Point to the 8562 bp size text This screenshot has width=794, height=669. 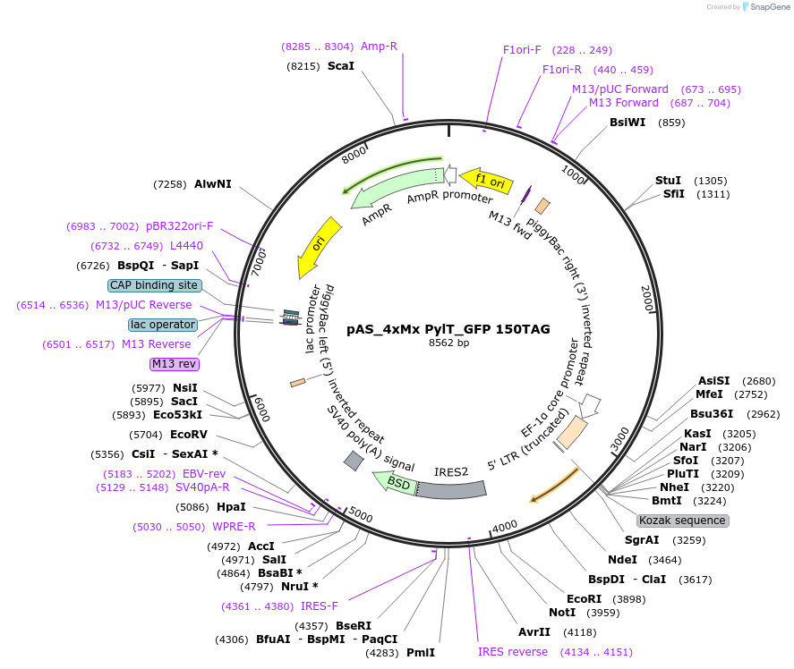coord(448,343)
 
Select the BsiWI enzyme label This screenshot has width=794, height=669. coord(628,123)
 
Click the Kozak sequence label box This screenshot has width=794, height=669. coord(682,521)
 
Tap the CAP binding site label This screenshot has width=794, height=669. coord(154,285)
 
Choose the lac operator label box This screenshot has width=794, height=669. coord(162,325)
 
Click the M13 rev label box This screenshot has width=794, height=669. coord(175,364)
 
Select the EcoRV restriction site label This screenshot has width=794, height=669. coord(189,435)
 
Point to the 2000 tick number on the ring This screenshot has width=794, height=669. coord(646,299)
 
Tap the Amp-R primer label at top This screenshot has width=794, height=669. coord(379,47)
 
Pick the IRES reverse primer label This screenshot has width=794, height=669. coord(513,652)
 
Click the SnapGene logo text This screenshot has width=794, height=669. coord(768,7)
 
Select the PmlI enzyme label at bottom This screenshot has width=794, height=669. coord(421,653)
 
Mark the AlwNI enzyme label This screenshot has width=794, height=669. coord(213,184)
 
